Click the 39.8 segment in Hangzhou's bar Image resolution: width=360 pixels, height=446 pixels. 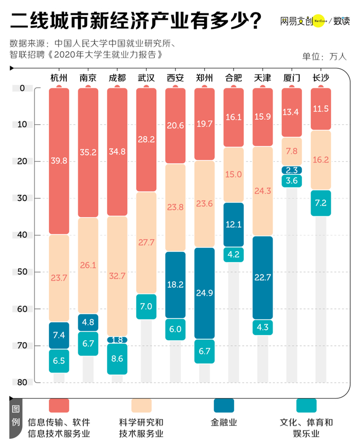coord(59,161)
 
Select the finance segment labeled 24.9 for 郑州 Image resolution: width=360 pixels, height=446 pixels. coord(205,293)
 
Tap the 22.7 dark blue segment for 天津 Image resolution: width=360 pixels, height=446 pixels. coord(263,277)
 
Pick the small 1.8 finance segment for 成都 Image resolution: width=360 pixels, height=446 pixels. coord(117,340)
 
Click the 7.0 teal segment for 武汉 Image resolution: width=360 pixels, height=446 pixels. coord(146,306)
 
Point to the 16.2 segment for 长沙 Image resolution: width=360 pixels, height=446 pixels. coord(321,160)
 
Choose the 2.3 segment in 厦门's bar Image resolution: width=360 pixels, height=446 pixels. coord(292,170)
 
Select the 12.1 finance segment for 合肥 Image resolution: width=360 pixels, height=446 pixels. coord(233,225)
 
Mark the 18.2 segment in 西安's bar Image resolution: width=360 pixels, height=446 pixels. coord(175,284)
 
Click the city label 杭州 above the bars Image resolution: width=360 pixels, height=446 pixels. coord(59,78)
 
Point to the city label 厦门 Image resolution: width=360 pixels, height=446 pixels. coord(292,78)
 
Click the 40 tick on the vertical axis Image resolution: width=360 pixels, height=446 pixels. coord(22,235)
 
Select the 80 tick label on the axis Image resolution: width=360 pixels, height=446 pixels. coord(22,382)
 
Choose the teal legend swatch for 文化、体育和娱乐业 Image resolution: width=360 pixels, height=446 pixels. coord(307,406)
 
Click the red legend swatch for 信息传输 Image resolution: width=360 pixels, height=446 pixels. coord(59,406)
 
